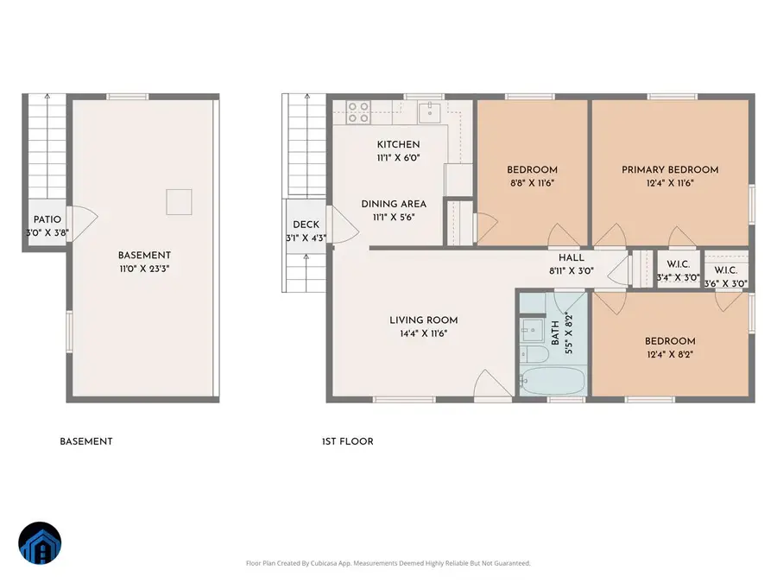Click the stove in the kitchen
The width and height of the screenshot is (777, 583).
357,111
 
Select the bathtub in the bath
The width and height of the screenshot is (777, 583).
553,381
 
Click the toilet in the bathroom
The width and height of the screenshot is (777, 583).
529,356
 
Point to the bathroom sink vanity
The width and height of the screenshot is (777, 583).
529,330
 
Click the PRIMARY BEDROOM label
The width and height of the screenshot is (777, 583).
670,170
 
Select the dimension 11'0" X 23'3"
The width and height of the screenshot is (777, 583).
144,269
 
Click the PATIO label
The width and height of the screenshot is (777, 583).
46,220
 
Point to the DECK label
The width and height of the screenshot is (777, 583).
306,225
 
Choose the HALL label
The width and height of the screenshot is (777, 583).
571,257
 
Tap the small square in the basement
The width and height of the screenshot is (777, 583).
179,201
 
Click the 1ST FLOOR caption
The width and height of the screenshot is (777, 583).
347,441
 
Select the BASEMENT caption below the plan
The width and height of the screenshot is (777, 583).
85,441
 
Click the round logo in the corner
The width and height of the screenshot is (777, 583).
40,544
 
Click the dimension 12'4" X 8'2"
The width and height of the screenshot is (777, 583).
669,354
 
